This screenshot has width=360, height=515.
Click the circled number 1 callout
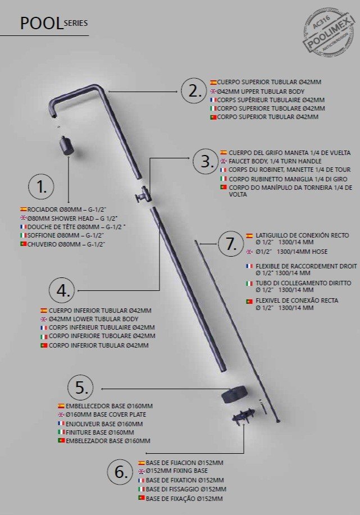click(x=41, y=186)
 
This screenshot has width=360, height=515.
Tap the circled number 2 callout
click(x=194, y=91)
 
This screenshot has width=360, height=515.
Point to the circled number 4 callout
click(x=62, y=290)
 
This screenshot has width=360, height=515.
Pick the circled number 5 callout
click(x=81, y=388)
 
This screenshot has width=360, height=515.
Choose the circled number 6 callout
click(x=121, y=472)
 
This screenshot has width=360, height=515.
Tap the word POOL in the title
click(x=41, y=24)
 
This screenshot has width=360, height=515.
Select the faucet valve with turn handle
click(x=142, y=195)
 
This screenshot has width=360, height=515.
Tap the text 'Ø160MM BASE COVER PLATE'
click(x=106, y=414)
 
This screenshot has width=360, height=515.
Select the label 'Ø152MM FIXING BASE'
click(x=177, y=471)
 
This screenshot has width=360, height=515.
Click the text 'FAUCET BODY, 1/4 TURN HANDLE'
click(x=275, y=161)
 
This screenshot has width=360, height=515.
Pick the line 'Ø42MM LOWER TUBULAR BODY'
click(x=94, y=319)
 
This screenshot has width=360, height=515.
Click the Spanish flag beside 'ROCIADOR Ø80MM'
click(x=24, y=209)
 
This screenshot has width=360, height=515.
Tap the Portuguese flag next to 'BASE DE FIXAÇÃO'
click(x=142, y=498)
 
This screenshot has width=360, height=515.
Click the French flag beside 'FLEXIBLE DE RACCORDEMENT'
click(x=249, y=266)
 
